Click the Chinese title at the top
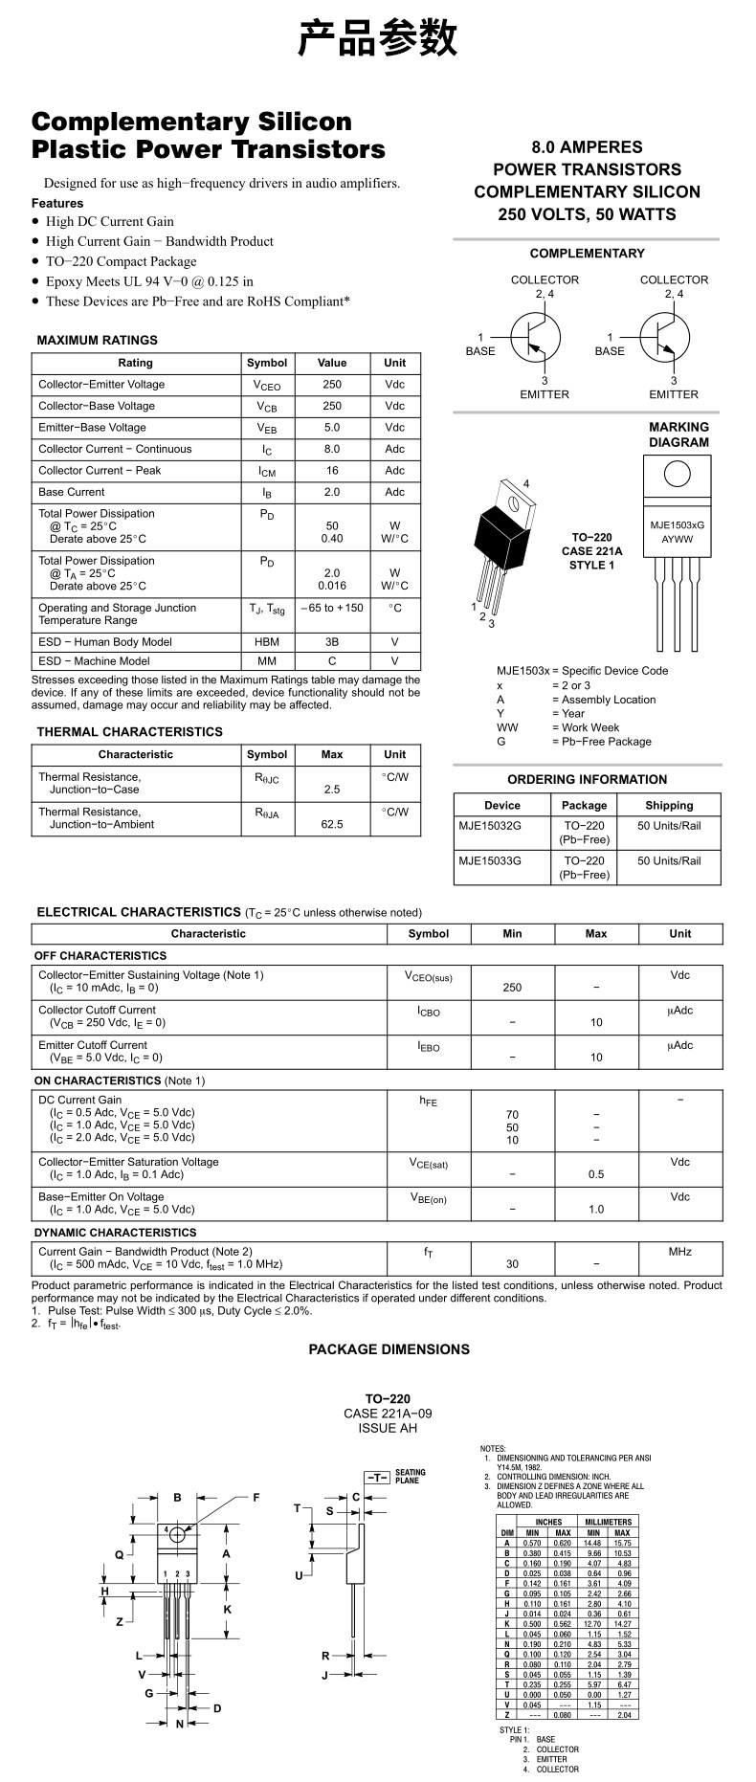point(377,38)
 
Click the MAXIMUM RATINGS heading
point(97,340)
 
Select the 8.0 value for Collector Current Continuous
point(332,449)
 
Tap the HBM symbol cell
point(267,642)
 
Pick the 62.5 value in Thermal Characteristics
point(332,824)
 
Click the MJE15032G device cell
point(490,826)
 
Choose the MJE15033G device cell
point(490,860)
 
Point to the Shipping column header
point(669,805)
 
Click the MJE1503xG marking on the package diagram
point(677,525)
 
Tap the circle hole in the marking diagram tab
point(677,475)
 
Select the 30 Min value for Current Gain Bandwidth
point(512,1264)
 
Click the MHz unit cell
point(679,1252)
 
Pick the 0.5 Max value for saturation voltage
point(596,1174)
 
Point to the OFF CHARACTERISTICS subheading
point(100,955)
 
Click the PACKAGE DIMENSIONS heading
point(389,1349)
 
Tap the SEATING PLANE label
point(411,1477)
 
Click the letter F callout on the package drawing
point(256,1498)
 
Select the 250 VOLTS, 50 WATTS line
point(587,214)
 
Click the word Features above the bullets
point(57,203)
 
